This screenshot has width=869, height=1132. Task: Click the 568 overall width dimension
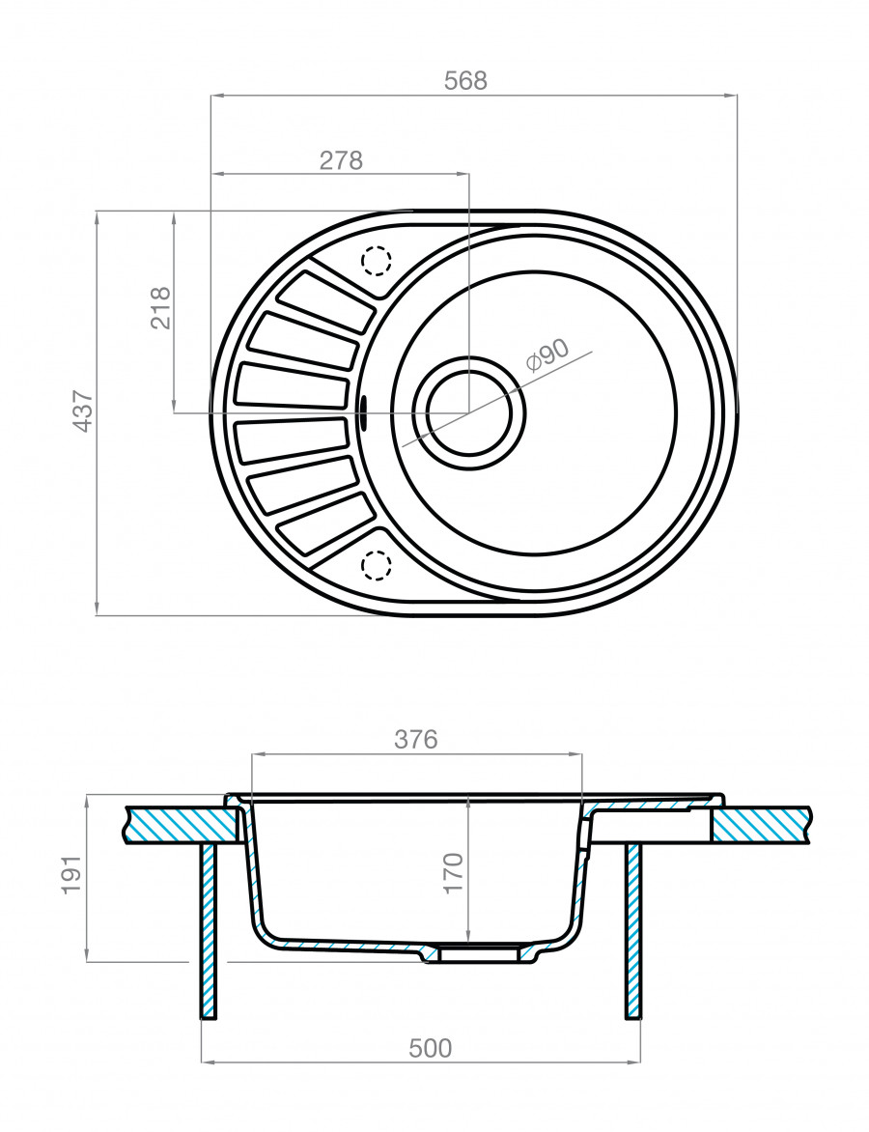tap(465, 82)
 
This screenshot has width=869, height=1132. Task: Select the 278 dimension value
tap(341, 160)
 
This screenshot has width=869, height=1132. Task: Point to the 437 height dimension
tap(82, 410)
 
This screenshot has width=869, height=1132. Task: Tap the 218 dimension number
tap(160, 308)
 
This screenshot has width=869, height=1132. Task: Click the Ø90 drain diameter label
tap(547, 356)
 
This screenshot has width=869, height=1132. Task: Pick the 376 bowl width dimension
tap(416, 739)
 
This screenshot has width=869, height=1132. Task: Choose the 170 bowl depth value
tap(455, 872)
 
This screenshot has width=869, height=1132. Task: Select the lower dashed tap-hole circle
tap(376, 564)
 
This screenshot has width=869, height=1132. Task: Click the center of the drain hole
tap(470, 412)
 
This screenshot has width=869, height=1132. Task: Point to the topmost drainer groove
tap(325, 301)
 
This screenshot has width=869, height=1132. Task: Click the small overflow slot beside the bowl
tap(363, 412)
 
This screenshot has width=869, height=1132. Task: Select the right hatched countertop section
tap(763, 824)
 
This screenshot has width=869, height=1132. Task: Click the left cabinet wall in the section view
tap(208, 929)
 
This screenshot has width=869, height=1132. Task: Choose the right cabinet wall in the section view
tap(633, 929)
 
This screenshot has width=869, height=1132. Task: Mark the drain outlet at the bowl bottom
tap(473, 952)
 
